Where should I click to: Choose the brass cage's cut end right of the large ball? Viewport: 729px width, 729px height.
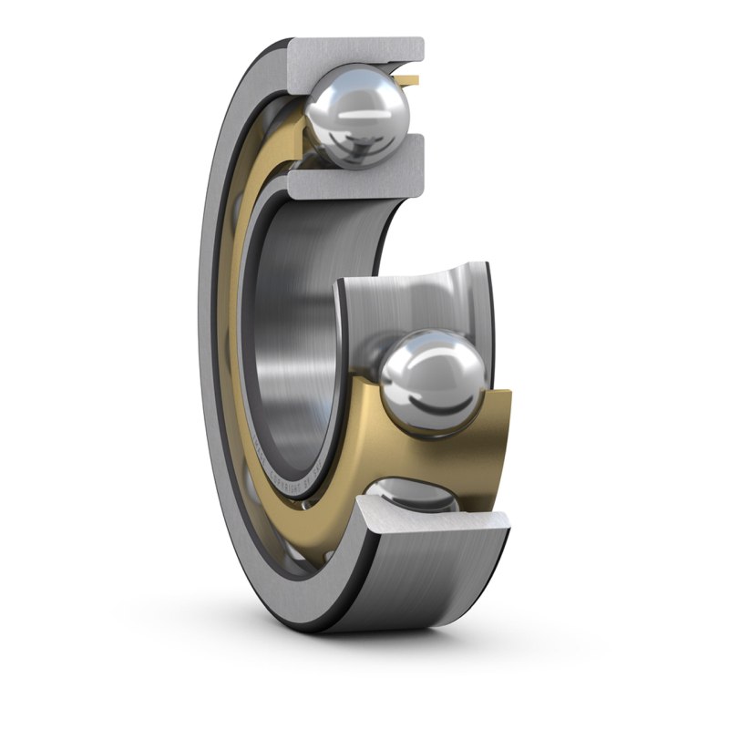[497, 428]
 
